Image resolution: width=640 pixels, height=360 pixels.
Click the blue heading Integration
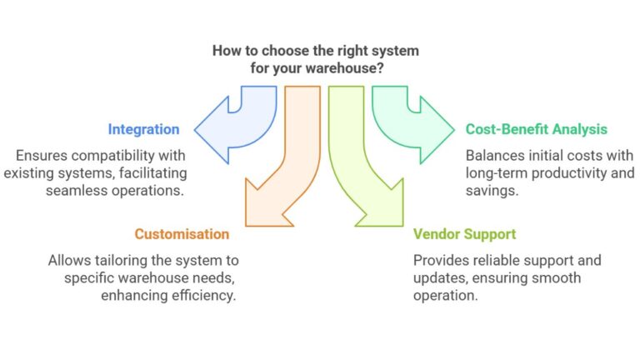point(143,129)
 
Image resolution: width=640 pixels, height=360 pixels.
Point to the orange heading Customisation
point(182,234)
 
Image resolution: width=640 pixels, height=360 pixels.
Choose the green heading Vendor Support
point(465,234)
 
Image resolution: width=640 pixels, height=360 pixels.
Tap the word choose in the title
point(279,51)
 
